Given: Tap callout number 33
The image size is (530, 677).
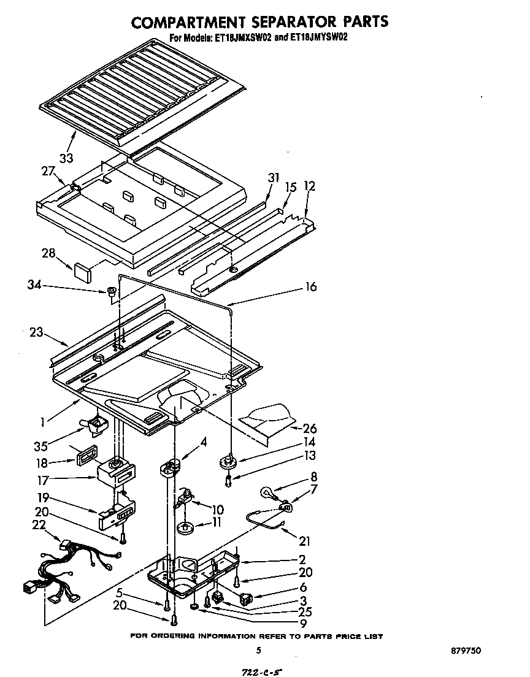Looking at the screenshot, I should (x=66, y=158).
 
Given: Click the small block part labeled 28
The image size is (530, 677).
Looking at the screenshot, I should (x=82, y=268).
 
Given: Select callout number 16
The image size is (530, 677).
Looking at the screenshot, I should (x=311, y=287).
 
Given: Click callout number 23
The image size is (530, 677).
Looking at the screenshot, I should (x=37, y=333).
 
